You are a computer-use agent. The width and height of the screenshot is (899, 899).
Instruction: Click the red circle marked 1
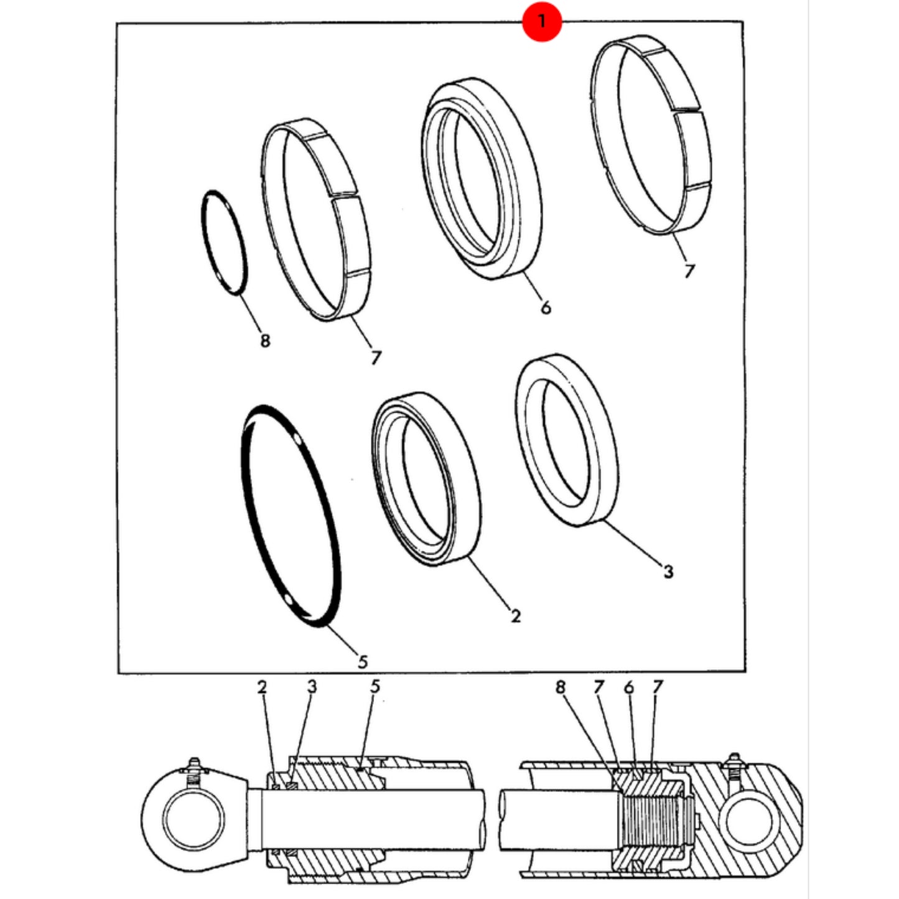[x=541, y=21]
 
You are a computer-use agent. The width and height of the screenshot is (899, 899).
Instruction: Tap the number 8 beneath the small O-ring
[x=265, y=340]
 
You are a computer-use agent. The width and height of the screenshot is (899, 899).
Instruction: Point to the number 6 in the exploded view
[x=546, y=307]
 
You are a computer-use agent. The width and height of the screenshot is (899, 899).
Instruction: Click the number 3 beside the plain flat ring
[x=669, y=572]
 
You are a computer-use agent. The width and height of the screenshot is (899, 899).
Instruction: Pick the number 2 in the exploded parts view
[x=515, y=616]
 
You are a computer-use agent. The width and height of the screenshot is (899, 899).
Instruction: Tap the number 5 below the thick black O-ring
[x=363, y=661]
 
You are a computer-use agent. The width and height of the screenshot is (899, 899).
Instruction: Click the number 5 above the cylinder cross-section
[x=375, y=686]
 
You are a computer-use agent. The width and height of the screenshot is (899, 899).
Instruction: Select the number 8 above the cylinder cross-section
[x=561, y=687]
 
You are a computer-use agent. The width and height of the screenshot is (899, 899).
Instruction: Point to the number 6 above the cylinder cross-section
[x=629, y=687]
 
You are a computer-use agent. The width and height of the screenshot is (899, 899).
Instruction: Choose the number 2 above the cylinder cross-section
[x=262, y=687]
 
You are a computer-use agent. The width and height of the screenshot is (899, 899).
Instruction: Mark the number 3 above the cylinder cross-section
[x=312, y=686]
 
